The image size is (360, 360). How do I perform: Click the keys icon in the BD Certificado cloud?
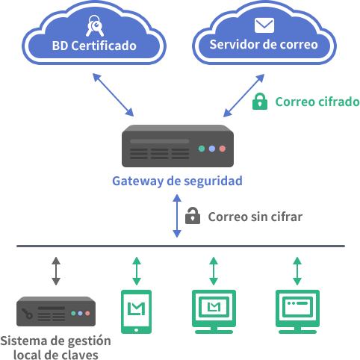[x=95, y=25]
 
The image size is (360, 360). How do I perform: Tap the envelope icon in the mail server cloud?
[x=264, y=25]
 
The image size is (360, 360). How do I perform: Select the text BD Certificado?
[x=94, y=46]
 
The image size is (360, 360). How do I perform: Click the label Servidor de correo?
[x=264, y=45]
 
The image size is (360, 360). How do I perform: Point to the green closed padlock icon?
[x=260, y=102]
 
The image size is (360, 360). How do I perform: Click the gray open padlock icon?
[x=193, y=216]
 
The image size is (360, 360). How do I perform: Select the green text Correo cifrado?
[x=317, y=102]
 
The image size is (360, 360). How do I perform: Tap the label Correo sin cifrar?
[x=255, y=217]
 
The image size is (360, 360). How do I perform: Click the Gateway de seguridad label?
[x=177, y=181]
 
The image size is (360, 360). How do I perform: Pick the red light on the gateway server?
[x=223, y=149]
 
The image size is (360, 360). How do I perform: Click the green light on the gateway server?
[x=202, y=149]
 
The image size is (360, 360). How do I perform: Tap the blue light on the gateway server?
[x=212, y=149]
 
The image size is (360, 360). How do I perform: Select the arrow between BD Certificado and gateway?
[x=113, y=95]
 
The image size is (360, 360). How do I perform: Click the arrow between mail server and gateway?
[x=243, y=96]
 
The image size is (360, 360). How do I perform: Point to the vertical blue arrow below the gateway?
[x=177, y=216]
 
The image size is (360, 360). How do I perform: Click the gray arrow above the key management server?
[x=56, y=271]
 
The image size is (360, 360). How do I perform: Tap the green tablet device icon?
[x=136, y=311]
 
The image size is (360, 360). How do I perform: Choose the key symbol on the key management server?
[x=27, y=313]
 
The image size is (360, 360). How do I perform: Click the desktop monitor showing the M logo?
[x=214, y=311]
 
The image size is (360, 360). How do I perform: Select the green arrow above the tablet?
[x=137, y=271]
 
